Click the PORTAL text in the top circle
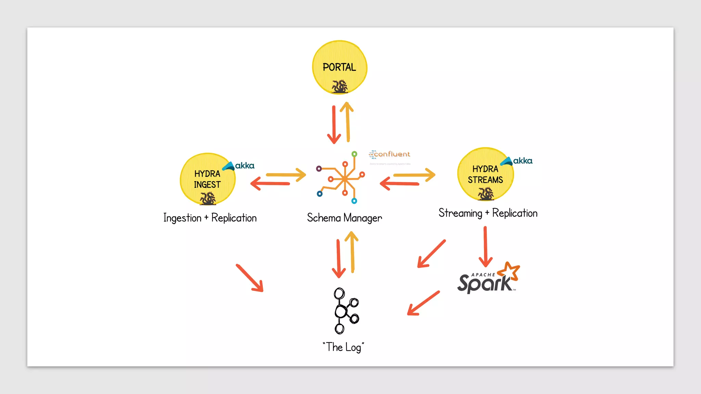(339, 67)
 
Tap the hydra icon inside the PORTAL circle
(340, 86)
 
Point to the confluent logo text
(390, 154)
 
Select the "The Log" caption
(343, 347)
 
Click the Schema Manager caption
(344, 218)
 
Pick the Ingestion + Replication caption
(210, 218)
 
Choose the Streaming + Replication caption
(488, 213)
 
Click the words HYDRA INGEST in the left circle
(207, 179)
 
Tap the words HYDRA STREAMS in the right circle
(485, 174)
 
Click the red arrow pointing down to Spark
(485, 246)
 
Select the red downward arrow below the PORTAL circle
(334, 125)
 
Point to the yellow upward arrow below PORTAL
(347, 122)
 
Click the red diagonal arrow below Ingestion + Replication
(250, 278)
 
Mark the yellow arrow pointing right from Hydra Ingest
(286, 175)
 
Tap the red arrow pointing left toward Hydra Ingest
(270, 184)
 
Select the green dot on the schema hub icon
(354, 154)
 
